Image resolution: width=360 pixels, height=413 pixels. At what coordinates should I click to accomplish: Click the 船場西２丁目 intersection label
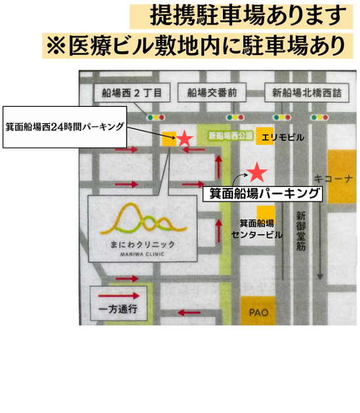[x=132, y=92]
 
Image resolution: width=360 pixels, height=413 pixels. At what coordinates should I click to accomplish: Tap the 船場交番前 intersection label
[x=212, y=92]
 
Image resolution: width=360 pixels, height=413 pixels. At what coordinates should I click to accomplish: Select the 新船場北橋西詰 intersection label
[x=306, y=92]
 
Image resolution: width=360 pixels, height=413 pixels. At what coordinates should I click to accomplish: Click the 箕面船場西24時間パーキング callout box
[x=64, y=127]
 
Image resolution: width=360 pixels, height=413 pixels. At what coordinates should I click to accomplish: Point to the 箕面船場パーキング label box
[x=262, y=194]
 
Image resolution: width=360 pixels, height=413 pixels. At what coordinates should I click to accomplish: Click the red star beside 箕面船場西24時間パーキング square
[x=184, y=138]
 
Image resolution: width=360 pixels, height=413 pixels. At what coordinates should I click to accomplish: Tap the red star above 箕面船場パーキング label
[x=257, y=172]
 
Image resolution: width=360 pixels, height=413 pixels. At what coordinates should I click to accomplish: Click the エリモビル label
[x=283, y=137]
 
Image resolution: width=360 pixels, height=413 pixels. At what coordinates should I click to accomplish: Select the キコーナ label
[x=333, y=179]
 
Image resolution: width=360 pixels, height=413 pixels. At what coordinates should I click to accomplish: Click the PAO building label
[x=259, y=313]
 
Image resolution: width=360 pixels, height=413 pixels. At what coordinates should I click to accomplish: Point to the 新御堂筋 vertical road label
[x=301, y=231]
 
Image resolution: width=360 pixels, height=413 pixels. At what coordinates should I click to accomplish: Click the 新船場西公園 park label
[x=231, y=136]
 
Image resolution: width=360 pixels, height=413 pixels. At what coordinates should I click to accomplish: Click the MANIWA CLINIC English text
[x=142, y=254]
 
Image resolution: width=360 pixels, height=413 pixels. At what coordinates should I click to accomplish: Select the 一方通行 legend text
[x=118, y=309]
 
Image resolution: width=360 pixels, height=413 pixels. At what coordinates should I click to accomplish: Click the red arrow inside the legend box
[x=119, y=296]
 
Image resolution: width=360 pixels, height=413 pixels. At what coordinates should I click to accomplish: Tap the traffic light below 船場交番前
[x=235, y=117]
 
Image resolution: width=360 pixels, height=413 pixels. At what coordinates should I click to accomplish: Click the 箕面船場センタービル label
[x=257, y=229]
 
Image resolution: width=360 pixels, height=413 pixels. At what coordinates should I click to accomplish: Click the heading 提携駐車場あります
[x=248, y=16]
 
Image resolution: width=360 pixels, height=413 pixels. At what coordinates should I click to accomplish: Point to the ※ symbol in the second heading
[x=56, y=46]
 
